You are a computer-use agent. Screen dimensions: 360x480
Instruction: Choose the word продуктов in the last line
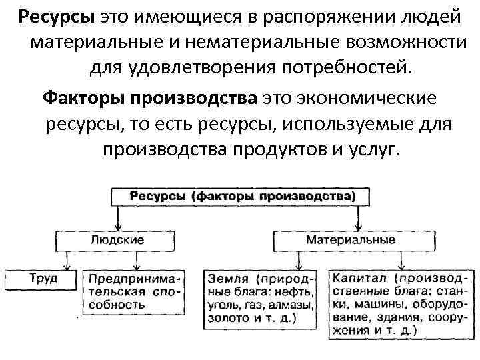[x=275, y=149]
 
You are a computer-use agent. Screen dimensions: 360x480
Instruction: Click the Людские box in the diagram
[x=118, y=239]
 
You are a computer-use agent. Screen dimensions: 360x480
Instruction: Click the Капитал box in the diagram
[x=400, y=303]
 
